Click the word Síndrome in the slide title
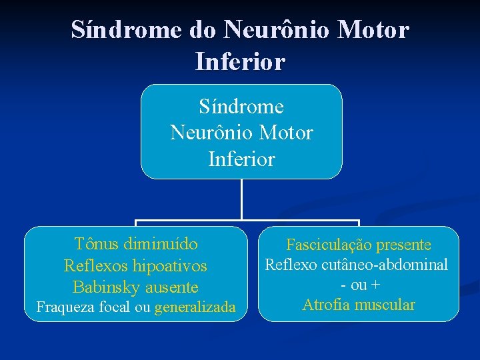[117, 29]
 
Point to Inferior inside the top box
[241, 159]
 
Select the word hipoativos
[170, 266]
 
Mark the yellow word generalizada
[195, 307]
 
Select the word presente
[403, 245]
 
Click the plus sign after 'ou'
[376, 285]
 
